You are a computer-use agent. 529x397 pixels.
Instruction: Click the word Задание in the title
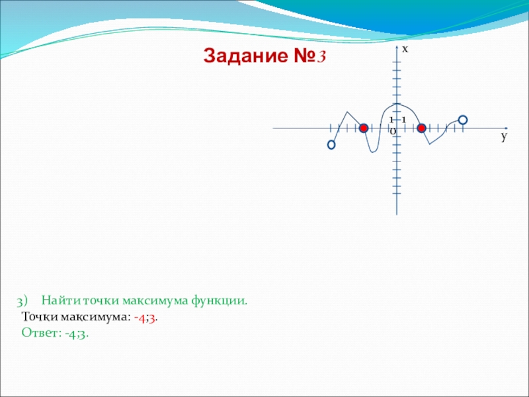click(x=246, y=56)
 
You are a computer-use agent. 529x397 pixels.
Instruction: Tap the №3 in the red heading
click(x=309, y=56)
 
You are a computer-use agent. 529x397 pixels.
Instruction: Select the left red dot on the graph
click(x=363, y=128)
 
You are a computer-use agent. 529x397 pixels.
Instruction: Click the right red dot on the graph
click(x=421, y=128)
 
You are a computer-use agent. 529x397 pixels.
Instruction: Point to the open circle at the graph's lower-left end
click(x=331, y=145)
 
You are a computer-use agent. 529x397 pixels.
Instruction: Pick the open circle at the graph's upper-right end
click(x=463, y=120)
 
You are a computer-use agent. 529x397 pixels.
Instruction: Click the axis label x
click(x=405, y=50)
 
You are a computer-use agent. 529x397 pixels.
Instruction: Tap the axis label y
click(x=504, y=136)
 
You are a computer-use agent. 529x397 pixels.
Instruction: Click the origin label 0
click(x=393, y=132)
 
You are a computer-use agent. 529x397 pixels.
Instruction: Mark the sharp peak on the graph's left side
click(x=348, y=112)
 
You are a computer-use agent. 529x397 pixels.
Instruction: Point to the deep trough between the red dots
click(x=373, y=152)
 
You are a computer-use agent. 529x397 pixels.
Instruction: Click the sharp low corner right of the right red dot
click(x=430, y=144)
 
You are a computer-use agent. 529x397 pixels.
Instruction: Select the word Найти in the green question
click(x=61, y=300)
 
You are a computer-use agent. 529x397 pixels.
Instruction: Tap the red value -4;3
click(x=145, y=318)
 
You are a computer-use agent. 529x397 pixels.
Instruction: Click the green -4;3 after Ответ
click(x=76, y=333)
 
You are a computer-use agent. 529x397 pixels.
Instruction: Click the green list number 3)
click(x=22, y=301)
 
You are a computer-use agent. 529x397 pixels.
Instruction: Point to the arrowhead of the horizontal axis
click(x=506, y=128)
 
